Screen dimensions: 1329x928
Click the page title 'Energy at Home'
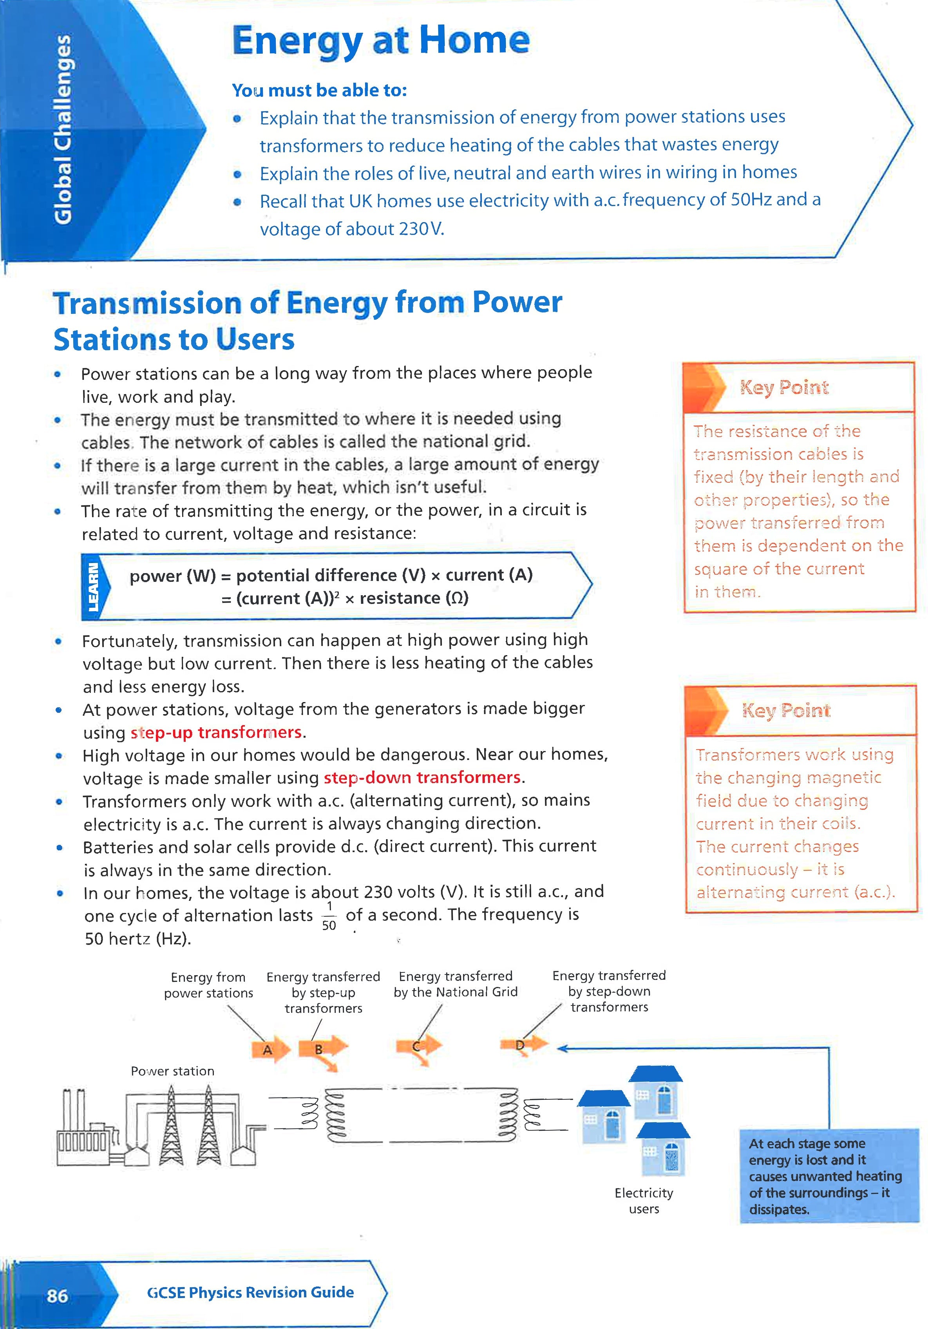point(381,40)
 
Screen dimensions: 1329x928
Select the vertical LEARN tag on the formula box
point(92,587)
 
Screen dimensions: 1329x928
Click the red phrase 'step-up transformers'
point(216,733)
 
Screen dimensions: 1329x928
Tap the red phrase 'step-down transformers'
point(422,777)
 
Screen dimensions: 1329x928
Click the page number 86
point(57,1295)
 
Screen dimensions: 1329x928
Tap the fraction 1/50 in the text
point(329,916)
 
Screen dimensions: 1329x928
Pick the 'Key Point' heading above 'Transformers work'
point(786,710)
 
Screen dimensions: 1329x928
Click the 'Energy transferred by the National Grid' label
point(455,984)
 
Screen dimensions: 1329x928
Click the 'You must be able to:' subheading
point(319,90)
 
